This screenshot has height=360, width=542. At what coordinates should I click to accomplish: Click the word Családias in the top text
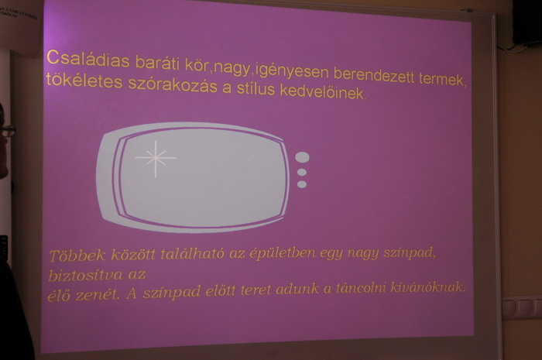(x=87, y=60)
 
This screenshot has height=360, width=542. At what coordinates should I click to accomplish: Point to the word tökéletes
(x=84, y=81)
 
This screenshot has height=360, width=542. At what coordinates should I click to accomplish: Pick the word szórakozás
(x=173, y=85)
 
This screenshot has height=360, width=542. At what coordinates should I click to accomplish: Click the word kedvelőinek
(x=323, y=92)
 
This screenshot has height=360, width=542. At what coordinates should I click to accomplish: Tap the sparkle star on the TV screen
(x=156, y=159)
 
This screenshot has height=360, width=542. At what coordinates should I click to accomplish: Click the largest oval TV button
(x=302, y=157)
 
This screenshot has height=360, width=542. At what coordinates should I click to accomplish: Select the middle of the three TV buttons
(x=302, y=172)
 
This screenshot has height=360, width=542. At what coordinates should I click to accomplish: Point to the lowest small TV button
(x=302, y=184)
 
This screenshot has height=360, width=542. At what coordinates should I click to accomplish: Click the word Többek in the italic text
(x=77, y=256)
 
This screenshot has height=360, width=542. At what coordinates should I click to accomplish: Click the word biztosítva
(x=85, y=276)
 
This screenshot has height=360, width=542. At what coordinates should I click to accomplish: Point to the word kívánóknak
(x=427, y=287)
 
